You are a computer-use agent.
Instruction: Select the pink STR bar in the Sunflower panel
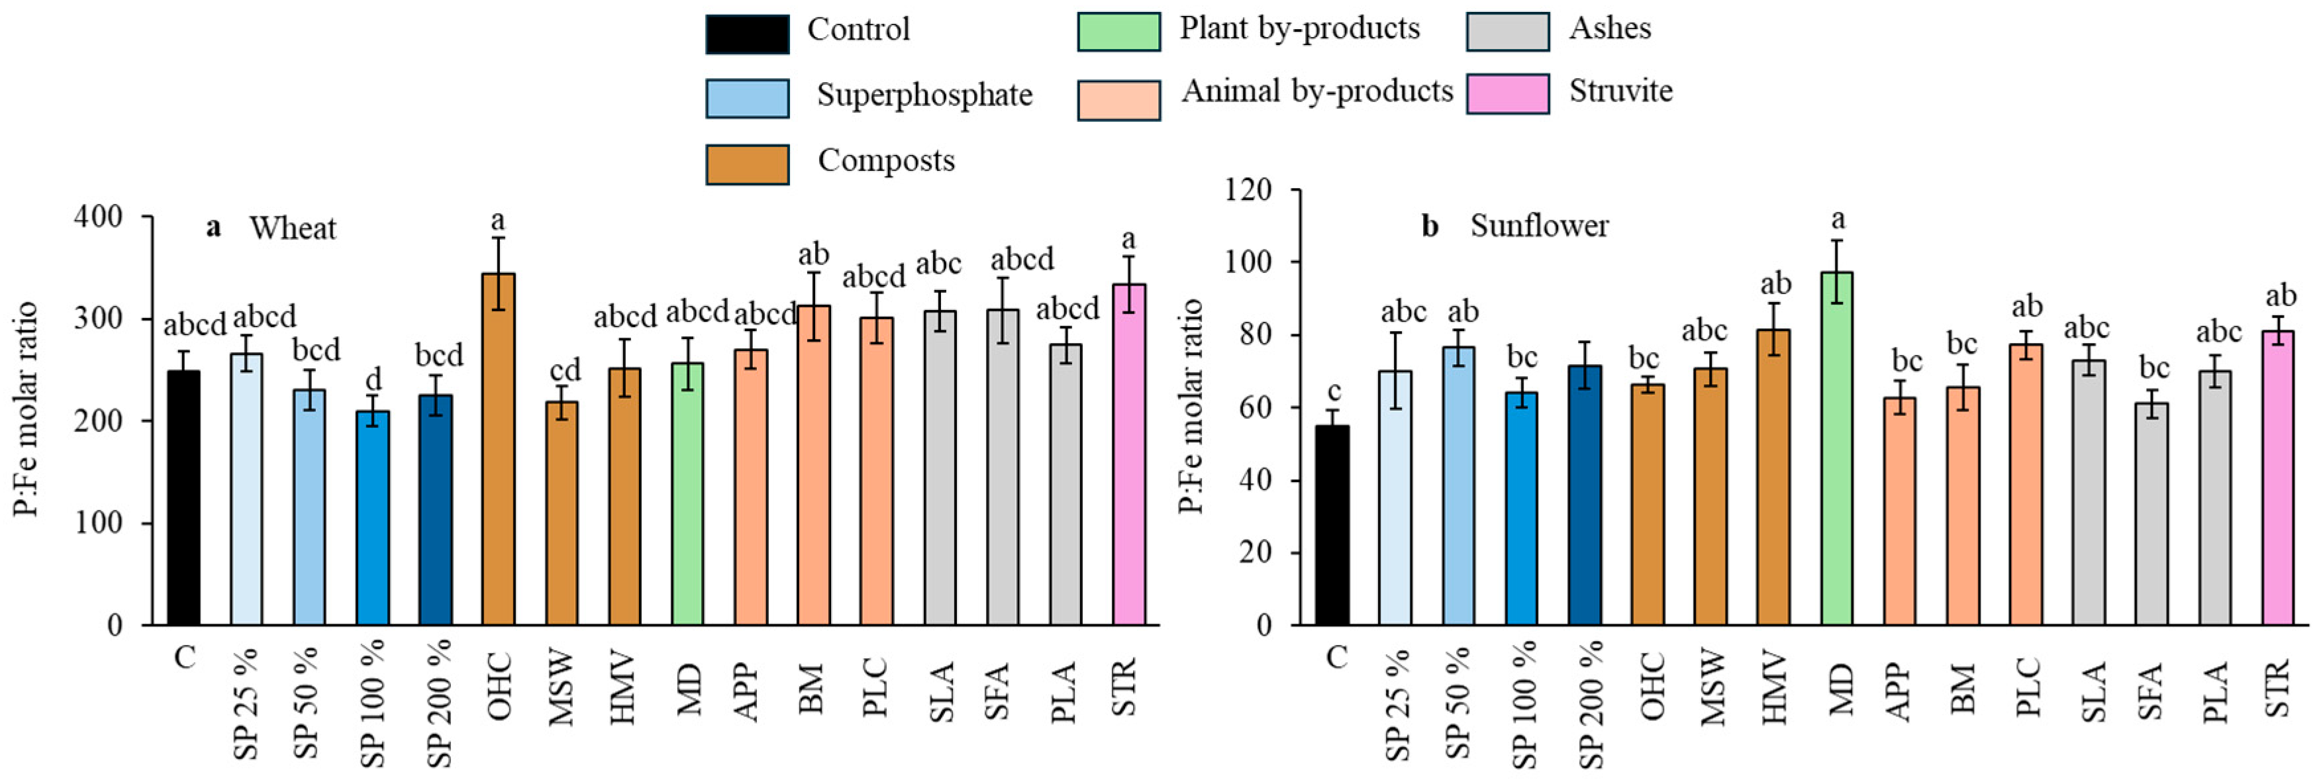coord(2278,477)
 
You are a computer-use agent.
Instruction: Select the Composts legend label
coord(886,160)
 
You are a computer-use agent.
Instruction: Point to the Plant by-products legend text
coord(1299,29)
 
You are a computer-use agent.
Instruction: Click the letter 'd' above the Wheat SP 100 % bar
coord(373,379)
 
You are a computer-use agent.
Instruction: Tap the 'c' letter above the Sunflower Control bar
coord(1334,391)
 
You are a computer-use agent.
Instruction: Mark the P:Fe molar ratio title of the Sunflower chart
coord(1191,405)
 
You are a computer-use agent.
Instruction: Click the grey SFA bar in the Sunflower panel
coord(2151,514)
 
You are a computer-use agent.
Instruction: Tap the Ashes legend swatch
coord(1507,32)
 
